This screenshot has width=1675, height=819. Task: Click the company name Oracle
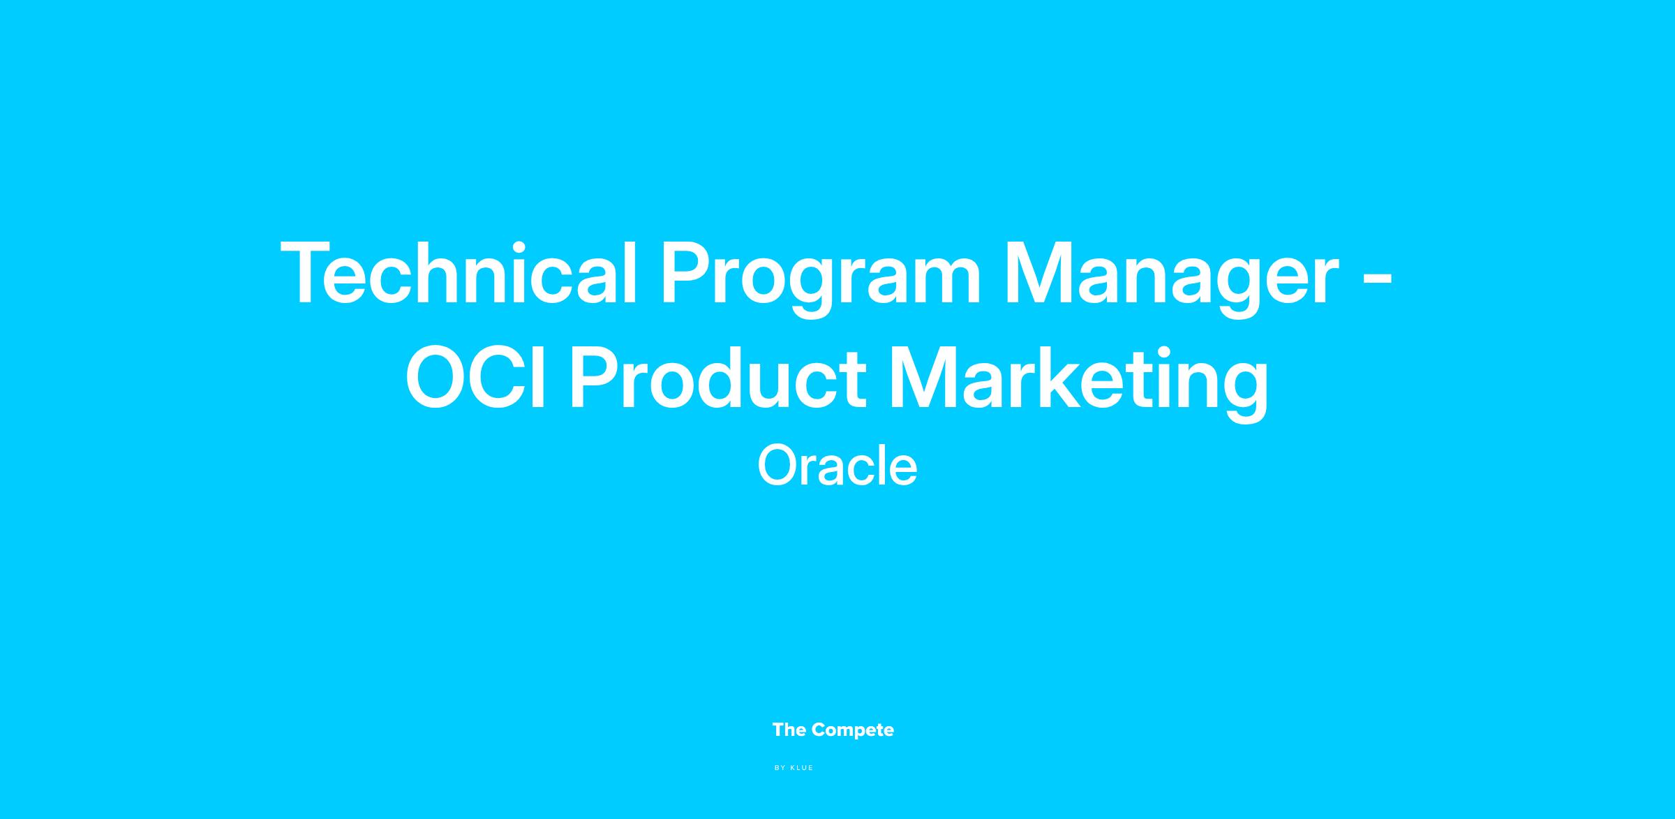837,466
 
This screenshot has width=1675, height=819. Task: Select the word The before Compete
789,730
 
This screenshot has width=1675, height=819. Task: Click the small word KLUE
802,768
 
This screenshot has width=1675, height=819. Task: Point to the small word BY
780,768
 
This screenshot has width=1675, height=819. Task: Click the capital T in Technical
308,273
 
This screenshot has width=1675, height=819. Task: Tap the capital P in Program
687,273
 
